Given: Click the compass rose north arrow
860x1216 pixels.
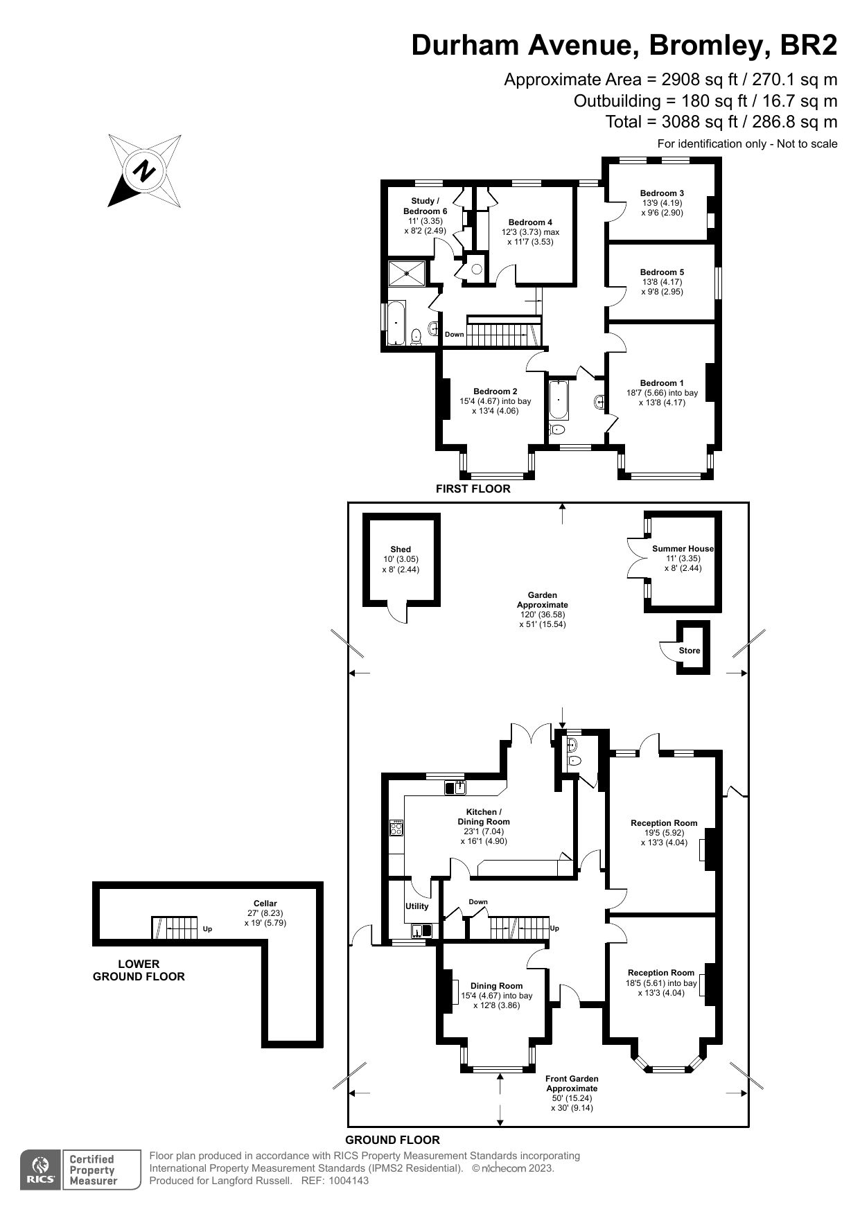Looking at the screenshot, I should click(x=145, y=170).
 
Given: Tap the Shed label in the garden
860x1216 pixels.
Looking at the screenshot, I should click(x=401, y=549).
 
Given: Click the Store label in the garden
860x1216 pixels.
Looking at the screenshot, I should click(x=690, y=651).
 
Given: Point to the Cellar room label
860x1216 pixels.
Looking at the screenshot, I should click(x=265, y=904).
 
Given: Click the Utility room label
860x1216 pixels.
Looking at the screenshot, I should click(x=417, y=906).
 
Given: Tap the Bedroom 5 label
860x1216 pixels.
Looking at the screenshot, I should click(x=662, y=272).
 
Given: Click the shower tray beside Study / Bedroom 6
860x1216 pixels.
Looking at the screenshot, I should click(x=407, y=272).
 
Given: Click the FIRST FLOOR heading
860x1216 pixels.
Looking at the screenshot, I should click(x=473, y=488).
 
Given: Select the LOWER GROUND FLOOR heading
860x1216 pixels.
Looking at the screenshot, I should click(x=139, y=970).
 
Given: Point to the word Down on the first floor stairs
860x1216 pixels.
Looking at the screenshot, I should click(x=455, y=335).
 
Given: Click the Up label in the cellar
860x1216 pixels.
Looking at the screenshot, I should click(x=207, y=929).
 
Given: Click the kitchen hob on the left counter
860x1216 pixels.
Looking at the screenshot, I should click(x=397, y=828).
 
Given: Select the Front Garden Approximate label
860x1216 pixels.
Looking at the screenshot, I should click(x=572, y=1084).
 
